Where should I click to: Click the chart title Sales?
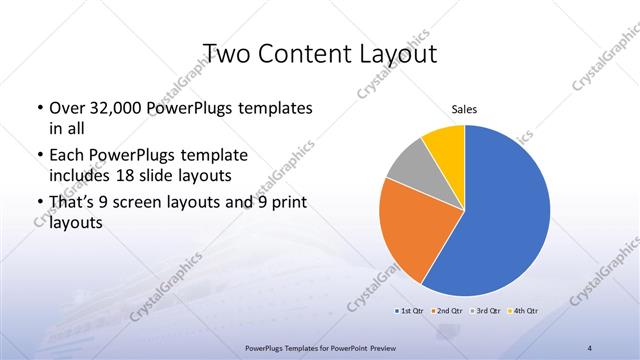tap(464, 109)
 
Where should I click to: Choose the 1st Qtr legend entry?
tap(410, 310)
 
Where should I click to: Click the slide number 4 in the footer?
tap(590, 347)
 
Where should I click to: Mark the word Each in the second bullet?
tap(65, 156)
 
